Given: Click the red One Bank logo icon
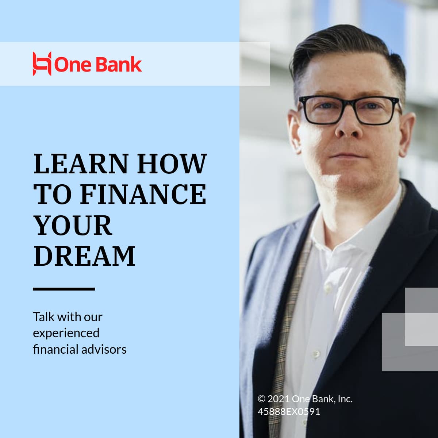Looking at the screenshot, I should tap(42, 64).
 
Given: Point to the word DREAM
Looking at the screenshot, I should tap(84, 256).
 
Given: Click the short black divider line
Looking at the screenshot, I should tap(64, 289).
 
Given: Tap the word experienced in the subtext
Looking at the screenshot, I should tap(66, 333).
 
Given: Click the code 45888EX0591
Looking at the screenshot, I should tap(289, 412).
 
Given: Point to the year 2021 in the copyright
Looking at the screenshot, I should tap(279, 399).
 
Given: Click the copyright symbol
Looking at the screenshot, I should tap(261, 399).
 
